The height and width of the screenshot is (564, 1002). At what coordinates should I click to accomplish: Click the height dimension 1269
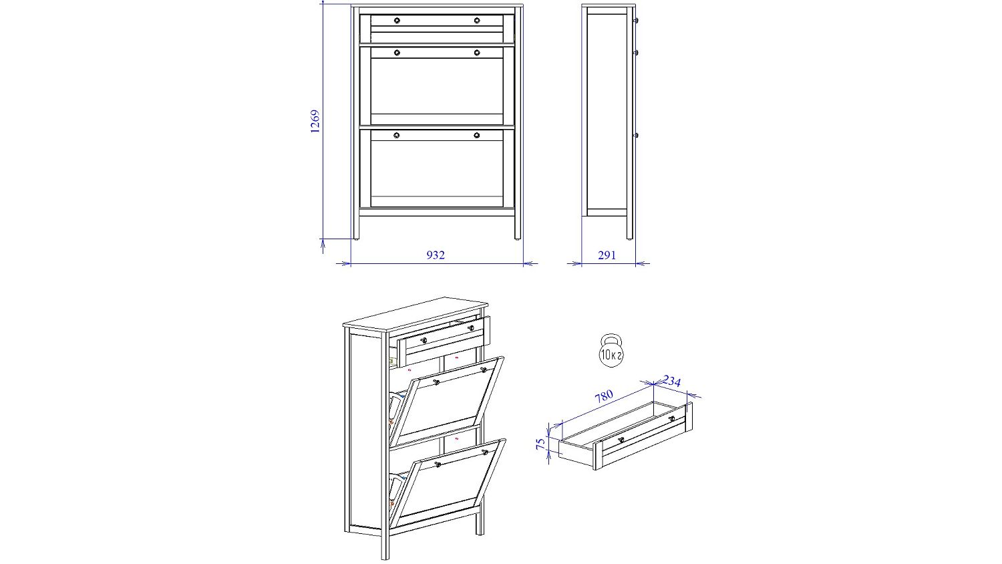coord(315,122)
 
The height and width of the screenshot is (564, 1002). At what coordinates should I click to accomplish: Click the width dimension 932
coord(436,255)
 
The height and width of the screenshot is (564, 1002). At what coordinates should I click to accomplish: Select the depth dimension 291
coord(607,255)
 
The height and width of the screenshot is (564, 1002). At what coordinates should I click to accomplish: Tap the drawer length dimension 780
coord(604,396)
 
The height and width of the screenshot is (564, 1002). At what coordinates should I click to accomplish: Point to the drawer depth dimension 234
coord(671,381)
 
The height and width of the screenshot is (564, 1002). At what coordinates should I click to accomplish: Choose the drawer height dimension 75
coord(541,444)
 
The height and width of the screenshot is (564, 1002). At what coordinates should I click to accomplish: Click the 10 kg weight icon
coord(611,350)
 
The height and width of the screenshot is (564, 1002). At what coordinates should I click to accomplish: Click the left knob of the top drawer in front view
coord(397,20)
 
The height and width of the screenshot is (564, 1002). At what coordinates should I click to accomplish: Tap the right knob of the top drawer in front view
coord(477,20)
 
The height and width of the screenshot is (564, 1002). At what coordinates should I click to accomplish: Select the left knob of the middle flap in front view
coord(397,52)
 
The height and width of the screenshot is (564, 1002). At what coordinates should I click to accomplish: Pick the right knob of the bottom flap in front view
coord(477,135)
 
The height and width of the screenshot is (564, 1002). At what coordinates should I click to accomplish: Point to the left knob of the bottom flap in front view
coord(397,135)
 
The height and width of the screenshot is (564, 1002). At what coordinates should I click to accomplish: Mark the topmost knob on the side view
coord(636,21)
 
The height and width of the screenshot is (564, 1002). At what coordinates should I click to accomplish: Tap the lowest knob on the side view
coord(636,135)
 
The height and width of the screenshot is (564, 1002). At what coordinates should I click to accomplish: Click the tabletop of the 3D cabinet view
coord(415,315)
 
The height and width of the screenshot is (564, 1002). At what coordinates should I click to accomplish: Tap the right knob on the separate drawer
coord(671,419)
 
